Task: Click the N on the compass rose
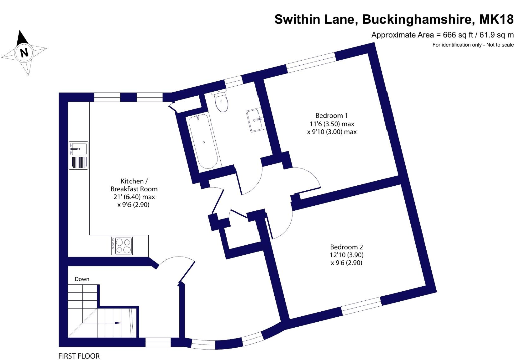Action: click(24, 52)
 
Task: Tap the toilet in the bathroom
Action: click(221, 101)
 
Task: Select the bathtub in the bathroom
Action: click(203, 142)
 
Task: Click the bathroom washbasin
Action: click(255, 120)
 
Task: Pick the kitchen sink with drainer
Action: click(78, 155)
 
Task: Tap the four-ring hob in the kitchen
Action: click(122, 246)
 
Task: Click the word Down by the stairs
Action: click(82, 279)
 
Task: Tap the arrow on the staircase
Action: click(117, 323)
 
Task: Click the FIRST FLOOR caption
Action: click(79, 356)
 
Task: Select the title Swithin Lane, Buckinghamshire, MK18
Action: click(394, 19)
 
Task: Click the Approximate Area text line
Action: click(443, 35)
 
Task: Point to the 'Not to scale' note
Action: click(500, 45)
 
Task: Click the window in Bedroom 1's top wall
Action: click(311, 62)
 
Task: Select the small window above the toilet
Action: click(233, 82)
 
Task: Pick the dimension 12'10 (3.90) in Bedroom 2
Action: click(347, 255)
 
